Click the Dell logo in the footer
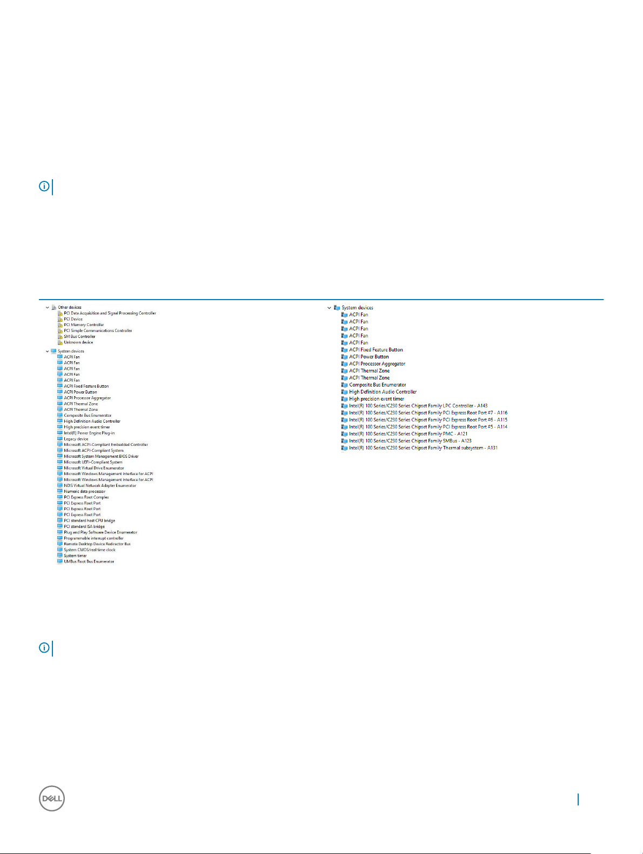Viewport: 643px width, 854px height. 52,798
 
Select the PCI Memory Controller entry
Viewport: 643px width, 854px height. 84,325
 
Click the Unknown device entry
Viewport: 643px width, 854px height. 78,342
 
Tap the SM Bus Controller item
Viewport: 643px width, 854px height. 79,336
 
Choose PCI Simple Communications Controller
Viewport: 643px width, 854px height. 98,331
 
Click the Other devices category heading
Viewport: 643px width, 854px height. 70,307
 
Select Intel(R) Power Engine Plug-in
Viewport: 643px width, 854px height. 89,433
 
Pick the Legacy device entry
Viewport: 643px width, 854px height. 76,439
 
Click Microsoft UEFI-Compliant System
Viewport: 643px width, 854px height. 93,462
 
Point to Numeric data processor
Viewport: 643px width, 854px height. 84,491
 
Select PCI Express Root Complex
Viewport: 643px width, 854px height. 86,497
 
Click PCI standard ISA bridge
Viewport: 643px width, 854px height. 84,526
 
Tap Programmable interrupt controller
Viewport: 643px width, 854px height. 93,538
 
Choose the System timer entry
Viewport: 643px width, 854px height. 75,555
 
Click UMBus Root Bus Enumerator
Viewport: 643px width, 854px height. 89,561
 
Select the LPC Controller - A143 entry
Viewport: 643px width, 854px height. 418,406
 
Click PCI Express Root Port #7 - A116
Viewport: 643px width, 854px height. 428,413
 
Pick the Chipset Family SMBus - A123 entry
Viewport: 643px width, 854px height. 410,441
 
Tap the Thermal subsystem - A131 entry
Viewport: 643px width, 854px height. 423,448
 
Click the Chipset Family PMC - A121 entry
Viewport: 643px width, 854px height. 408,434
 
